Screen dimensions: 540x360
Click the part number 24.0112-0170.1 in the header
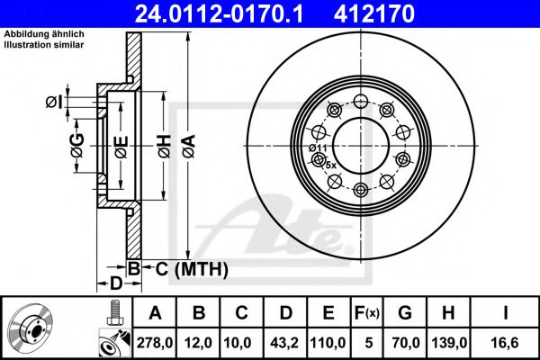219,13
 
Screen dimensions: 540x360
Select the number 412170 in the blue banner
374,13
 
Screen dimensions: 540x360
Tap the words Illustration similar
44,45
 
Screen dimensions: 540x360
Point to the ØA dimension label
189,146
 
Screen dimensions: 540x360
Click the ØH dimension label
165,146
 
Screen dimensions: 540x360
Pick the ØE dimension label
121,147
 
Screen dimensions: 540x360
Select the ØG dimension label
77,146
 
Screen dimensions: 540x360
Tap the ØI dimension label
55,102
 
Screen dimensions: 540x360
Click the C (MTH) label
192,269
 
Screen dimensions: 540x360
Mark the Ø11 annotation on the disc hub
318,148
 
